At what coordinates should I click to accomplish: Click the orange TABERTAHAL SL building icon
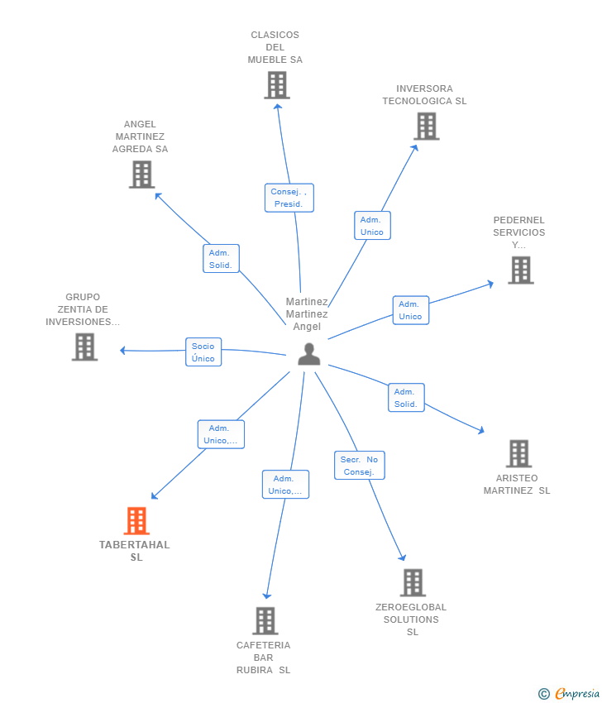[136, 520]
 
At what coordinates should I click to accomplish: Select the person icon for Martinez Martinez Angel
[309, 354]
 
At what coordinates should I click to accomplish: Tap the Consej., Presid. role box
[289, 198]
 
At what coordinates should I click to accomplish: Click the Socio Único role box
[203, 352]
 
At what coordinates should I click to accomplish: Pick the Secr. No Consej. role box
[360, 466]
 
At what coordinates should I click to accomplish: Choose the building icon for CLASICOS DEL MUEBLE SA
[277, 85]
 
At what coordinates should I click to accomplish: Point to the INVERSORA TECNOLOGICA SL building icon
[427, 126]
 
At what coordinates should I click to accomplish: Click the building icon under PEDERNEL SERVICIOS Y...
[521, 270]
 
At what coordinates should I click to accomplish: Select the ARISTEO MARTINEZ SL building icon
[519, 453]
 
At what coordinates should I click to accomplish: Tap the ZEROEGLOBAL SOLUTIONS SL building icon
[413, 582]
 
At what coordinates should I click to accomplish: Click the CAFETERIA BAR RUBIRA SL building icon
[265, 620]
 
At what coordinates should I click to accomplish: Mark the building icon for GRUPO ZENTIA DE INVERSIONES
[84, 347]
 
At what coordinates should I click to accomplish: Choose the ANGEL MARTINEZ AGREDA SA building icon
[142, 175]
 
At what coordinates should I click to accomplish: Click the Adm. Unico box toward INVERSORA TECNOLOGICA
[372, 226]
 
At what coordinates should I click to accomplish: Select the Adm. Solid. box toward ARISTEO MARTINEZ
[406, 398]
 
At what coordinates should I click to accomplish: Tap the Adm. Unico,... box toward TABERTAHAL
[221, 434]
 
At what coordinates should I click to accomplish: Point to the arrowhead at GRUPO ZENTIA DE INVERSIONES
[122, 350]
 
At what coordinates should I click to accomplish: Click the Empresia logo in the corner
[569, 694]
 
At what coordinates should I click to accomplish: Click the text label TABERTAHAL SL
[135, 551]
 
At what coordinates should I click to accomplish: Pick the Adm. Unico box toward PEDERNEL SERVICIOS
[411, 310]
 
